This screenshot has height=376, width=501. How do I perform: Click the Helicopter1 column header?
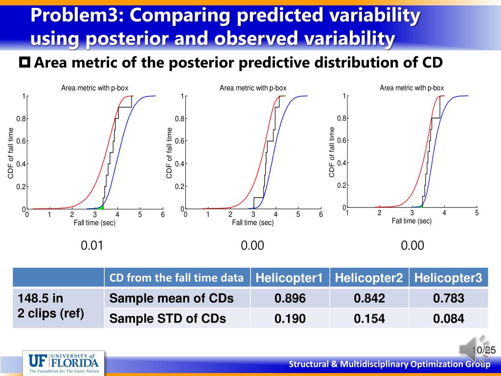tap(290, 278)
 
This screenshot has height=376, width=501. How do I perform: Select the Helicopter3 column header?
tap(448, 278)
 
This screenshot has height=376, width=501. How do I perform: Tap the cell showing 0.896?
tap(290, 298)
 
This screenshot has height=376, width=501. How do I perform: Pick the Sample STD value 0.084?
tap(448, 319)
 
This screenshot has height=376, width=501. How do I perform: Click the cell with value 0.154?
tap(369, 319)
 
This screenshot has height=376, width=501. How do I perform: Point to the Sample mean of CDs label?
tap(171, 298)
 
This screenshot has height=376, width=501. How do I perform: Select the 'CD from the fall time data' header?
tap(176, 278)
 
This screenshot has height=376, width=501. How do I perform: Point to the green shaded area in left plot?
tap(99, 207)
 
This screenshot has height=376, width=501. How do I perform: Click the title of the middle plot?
tap(253, 88)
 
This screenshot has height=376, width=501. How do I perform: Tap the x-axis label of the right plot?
tap(411, 221)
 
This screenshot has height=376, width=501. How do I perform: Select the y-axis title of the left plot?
tap(10, 152)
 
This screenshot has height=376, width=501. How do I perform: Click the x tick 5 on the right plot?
tap(476, 213)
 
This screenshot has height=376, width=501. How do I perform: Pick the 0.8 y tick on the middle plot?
tap(180, 119)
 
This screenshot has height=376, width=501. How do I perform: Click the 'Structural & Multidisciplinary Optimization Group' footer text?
tap(389, 364)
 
